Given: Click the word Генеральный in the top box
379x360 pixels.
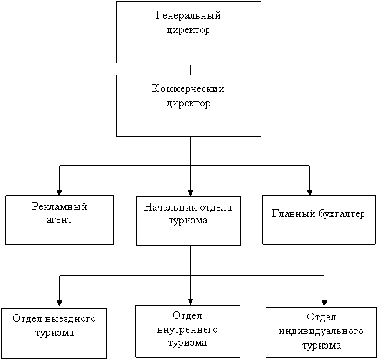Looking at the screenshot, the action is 188,15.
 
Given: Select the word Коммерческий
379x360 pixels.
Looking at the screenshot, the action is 188,88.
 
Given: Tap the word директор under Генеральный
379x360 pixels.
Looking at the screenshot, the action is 188,30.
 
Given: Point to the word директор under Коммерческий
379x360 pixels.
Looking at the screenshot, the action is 188,103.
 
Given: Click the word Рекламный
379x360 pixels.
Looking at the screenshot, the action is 60,207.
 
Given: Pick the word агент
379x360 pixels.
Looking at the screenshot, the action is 60,220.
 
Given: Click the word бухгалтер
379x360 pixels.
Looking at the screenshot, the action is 342,214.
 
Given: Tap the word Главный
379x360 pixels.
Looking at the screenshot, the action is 294,213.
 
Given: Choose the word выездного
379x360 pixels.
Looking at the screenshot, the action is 70,319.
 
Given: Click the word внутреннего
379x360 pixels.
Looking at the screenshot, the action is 187,330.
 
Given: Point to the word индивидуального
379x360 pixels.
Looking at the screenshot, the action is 322,331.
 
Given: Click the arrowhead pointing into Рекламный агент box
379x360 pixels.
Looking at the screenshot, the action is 59,193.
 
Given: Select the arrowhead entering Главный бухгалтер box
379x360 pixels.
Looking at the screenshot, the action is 309,193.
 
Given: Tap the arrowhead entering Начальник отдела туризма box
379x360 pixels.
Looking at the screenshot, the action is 190,193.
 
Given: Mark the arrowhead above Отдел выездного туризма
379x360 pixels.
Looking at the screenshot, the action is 60,303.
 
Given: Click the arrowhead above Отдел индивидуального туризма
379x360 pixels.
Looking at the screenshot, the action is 324,303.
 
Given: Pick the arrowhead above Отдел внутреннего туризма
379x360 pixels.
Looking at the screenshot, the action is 190,302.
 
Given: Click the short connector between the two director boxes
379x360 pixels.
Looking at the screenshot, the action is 190,69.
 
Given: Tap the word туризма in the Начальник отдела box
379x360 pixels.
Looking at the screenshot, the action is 188,221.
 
